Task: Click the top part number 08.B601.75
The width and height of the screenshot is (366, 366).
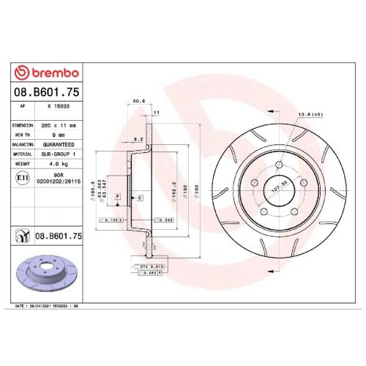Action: (45, 93)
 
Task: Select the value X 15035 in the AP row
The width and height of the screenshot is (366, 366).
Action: (59, 107)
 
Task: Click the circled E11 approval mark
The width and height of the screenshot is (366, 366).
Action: (23, 178)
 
